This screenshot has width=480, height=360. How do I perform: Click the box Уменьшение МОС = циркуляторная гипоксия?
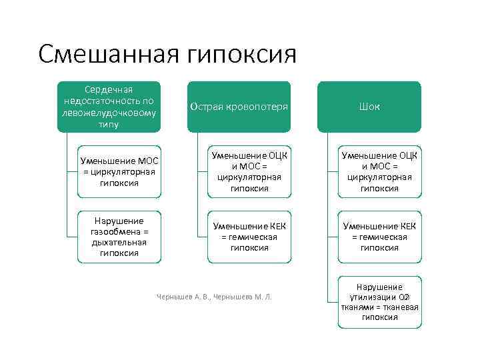tap(119, 172)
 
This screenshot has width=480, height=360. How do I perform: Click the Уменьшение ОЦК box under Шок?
tap(379, 172)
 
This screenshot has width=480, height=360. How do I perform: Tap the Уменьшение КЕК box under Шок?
tap(379, 237)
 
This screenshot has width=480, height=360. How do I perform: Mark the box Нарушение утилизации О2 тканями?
tap(379, 302)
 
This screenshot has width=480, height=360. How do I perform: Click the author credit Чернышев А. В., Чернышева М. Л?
tap(213, 297)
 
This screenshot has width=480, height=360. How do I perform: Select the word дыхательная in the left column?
tap(119, 242)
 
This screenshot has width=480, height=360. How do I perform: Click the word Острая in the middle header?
tap(205, 107)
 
